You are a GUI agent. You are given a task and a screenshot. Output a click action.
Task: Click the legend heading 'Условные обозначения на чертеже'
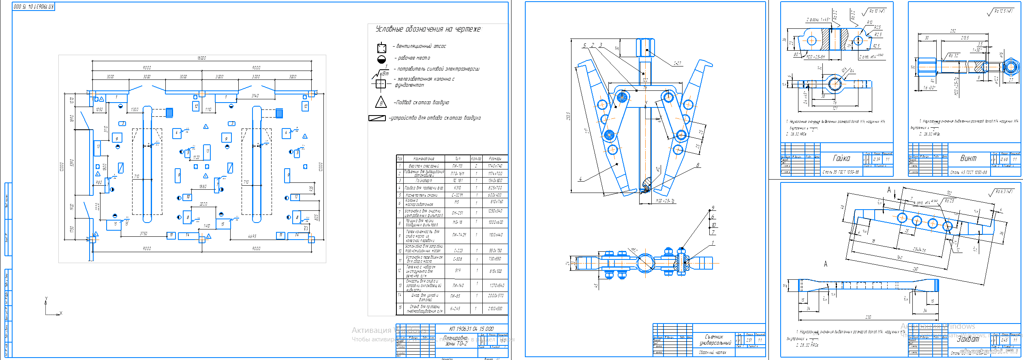click(x=428, y=29)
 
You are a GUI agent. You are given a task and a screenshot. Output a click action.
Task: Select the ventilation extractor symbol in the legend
click(x=381, y=48)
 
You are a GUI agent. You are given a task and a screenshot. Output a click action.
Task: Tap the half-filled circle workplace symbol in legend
click(x=381, y=60)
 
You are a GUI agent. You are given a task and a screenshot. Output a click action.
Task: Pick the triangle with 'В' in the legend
click(x=381, y=103)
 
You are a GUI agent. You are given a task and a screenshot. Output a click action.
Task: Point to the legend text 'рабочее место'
click(x=414, y=58)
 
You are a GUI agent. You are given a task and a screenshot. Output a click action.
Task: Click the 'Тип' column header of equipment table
click(x=457, y=159)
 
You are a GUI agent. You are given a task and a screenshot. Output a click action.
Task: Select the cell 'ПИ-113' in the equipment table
click(x=457, y=166)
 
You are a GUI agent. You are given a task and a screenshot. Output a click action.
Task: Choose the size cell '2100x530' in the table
click(x=495, y=309)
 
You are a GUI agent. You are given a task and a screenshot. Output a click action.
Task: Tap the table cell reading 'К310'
click(x=457, y=188)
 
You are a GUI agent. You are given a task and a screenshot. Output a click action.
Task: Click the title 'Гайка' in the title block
click(x=841, y=158)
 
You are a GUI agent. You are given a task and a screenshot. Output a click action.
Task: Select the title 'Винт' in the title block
click(x=968, y=158)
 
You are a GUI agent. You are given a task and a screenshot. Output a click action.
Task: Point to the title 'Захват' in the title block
click(x=967, y=339)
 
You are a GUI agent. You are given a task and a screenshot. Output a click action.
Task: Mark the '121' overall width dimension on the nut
click(x=835, y=109)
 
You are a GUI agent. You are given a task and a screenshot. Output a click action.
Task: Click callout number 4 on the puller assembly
click(x=580, y=179)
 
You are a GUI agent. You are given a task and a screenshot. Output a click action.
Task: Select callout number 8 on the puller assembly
click(x=698, y=165)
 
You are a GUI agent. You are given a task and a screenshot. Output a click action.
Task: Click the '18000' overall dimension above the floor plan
click(x=201, y=58)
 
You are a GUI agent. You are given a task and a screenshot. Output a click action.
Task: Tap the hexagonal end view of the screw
click(x=1011, y=66)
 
